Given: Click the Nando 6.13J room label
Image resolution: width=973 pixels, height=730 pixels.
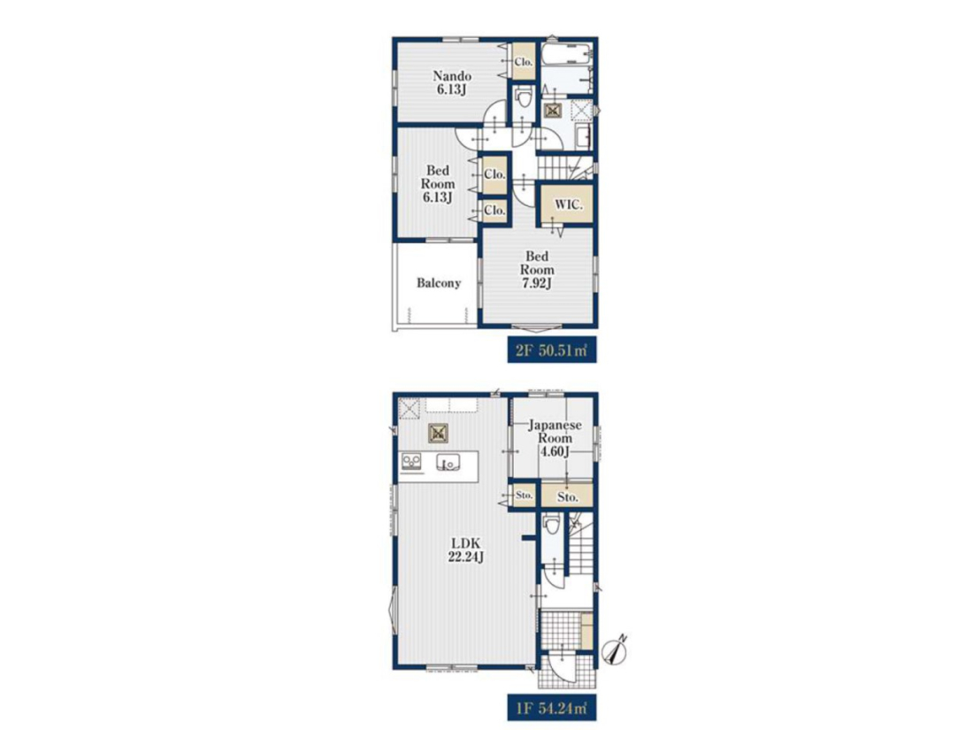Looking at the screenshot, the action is click(452, 82).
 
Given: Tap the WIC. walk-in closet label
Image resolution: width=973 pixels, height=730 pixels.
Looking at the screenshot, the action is click(569, 204).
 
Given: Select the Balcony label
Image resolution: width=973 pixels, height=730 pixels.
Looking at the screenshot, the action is click(439, 283).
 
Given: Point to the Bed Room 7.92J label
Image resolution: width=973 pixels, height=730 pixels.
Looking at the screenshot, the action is click(538, 270).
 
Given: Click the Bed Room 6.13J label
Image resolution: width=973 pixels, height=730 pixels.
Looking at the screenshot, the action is click(438, 184).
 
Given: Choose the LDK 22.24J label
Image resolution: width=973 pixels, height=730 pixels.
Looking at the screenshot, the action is click(466, 549).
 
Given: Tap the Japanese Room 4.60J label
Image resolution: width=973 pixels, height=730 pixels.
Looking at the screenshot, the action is click(555, 438).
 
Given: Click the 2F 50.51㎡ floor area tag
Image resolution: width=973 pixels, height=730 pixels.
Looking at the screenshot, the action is click(552, 350).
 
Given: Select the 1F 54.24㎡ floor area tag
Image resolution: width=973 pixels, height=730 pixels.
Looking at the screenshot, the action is click(552, 708).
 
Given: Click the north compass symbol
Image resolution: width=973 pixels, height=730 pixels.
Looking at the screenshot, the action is click(617, 650).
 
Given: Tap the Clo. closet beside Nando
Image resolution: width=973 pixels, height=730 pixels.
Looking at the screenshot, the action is click(524, 62).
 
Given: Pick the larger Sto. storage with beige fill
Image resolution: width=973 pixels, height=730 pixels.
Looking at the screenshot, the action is click(567, 496).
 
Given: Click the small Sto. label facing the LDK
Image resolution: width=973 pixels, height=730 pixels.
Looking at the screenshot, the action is click(525, 496).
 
